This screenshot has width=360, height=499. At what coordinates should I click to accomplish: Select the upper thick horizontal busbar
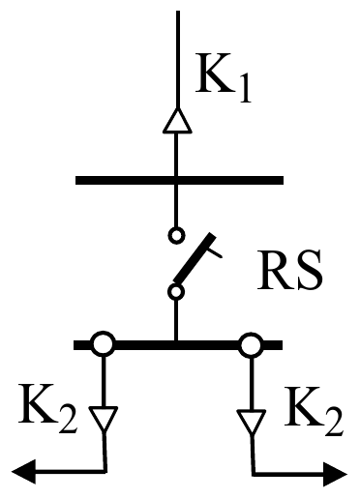point(179,180)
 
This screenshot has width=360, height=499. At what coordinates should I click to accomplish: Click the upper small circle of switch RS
point(176,235)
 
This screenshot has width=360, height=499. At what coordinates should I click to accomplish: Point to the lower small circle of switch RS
point(176,292)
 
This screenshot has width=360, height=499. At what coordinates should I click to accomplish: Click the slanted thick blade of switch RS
point(195,257)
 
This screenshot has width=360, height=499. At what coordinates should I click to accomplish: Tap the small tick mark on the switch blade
point(215,252)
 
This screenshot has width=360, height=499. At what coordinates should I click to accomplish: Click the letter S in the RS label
point(311,270)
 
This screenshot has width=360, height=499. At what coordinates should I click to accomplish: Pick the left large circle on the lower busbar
point(104,344)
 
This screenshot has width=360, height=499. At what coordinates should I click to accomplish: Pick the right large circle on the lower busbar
point(252,344)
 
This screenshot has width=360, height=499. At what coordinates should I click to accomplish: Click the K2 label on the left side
point(48,408)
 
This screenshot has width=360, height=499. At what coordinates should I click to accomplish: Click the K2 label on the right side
point(313,411)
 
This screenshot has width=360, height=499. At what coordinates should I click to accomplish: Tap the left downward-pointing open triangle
point(104,419)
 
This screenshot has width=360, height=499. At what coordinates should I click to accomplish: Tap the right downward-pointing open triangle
point(252,421)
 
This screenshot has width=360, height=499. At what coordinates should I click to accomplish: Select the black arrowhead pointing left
point(24,472)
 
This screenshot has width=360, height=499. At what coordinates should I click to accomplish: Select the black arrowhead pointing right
point(336,475)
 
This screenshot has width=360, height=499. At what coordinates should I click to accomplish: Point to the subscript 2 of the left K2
point(68,419)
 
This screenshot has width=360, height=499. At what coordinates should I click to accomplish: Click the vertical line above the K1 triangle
point(178,60)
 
